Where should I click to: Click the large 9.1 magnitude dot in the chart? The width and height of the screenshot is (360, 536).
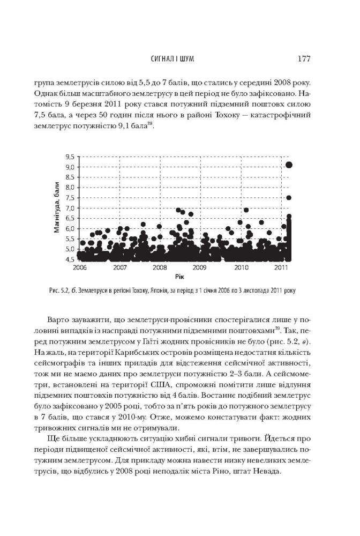click(x=289, y=165)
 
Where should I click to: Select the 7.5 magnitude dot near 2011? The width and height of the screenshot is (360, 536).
click(x=289, y=197)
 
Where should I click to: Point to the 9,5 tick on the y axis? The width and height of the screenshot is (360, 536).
click(x=69, y=157)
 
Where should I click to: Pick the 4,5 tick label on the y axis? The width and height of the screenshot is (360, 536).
click(x=69, y=259)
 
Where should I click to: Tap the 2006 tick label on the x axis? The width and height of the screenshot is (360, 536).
click(x=79, y=267)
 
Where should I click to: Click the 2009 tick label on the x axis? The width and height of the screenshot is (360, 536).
click(x=199, y=267)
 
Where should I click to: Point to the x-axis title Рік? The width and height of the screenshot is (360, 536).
click(x=180, y=276)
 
